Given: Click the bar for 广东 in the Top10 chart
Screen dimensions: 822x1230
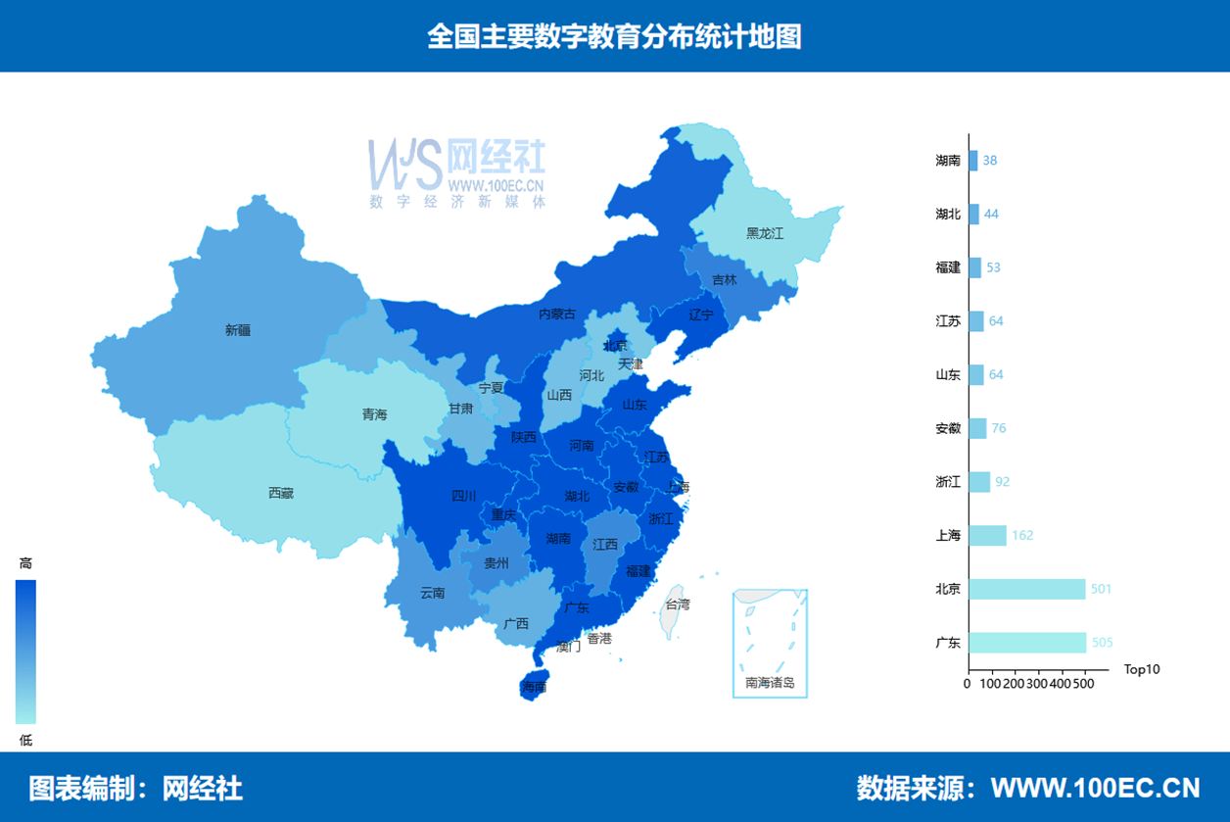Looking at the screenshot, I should pyautogui.click(x=1027, y=643).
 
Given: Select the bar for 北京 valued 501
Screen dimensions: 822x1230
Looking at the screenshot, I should pyautogui.click(x=1027, y=589).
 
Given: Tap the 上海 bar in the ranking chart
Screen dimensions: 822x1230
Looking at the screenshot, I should pyautogui.click(x=987, y=535).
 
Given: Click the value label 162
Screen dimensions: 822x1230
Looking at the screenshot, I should pyautogui.click(x=1022, y=536).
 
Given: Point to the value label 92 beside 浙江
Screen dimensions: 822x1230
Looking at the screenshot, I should pyautogui.click(x=1002, y=482).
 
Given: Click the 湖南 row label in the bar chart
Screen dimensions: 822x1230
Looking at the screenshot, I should pyautogui.click(x=948, y=161).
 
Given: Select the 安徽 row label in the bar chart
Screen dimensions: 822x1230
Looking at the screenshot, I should pyautogui.click(x=948, y=428).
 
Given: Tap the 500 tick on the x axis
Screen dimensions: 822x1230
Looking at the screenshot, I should pyautogui.click(x=1083, y=684).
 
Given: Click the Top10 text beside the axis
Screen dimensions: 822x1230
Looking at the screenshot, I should pyautogui.click(x=1142, y=670).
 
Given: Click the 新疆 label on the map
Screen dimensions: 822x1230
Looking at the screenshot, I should pyautogui.click(x=238, y=330).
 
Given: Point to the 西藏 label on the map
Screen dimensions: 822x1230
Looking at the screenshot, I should pyautogui.click(x=281, y=493).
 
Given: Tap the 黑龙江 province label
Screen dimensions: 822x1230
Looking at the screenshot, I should pyautogui.click(x=765, y=233).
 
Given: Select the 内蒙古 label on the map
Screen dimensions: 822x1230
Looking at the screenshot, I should pyautogui.click(x=557, y=314).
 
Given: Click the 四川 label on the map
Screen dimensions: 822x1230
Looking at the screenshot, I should pyautogui.click(x=463, y=496).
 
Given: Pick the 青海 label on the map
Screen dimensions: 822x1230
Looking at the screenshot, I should pyautogui.click(x=374, y=414).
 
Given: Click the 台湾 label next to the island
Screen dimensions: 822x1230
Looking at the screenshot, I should pyautogui.click(x=678, y=604).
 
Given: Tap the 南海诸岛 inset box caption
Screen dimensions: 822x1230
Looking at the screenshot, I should pyautogui.click(x=770, y=683).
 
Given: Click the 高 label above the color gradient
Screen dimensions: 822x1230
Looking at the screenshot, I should pyautogui.click(x=26, y=563).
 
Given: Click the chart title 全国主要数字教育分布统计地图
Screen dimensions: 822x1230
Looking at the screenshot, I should pyautogui.click(x=614, y=36).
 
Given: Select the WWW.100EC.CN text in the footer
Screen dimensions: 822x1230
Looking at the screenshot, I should pyautogui.click(x=1095, y=788).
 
